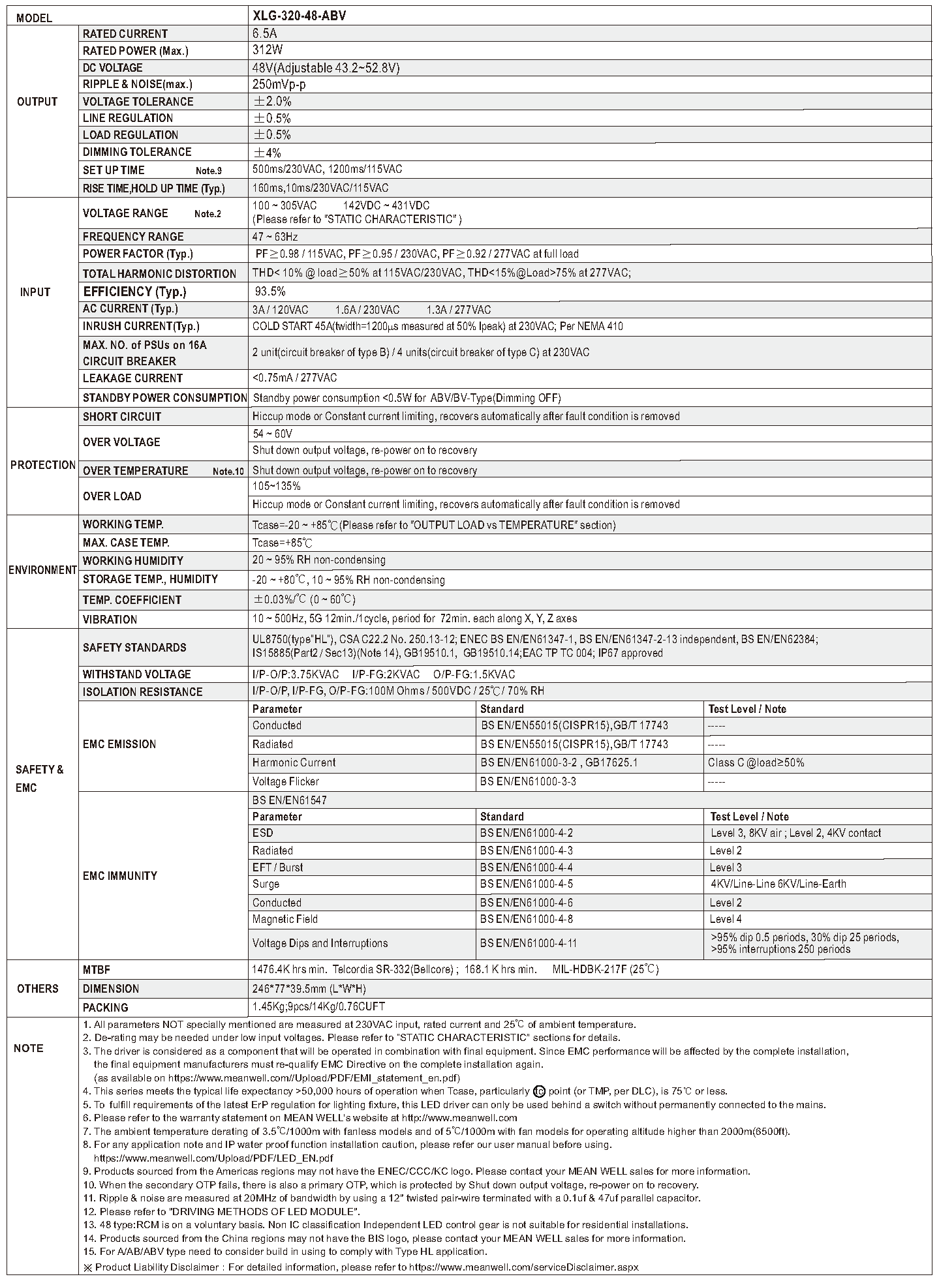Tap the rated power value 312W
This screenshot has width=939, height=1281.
pos(268,50)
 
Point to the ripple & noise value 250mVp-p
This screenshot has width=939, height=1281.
pos(279,84)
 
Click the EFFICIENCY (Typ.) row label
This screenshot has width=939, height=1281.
pos(134,292)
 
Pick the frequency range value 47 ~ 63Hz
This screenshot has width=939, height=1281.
pos(275,237)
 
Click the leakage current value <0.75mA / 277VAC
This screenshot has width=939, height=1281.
pos(294,378)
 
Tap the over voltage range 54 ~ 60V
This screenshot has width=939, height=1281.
pos(272,434)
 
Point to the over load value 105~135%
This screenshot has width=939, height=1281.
pos(276,487)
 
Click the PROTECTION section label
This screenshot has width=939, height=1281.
pos(42,465)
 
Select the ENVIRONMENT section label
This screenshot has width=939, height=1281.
pos(42,570)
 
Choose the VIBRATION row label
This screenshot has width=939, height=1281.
pos(110,619)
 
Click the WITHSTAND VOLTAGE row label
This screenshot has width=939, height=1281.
pos(136,674)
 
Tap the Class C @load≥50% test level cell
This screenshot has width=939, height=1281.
pos(756,762)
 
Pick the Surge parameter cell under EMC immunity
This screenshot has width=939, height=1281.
pos(266,884)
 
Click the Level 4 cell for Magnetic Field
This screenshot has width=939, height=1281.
pos(726,919)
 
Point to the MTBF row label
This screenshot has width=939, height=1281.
pos(97,969)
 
